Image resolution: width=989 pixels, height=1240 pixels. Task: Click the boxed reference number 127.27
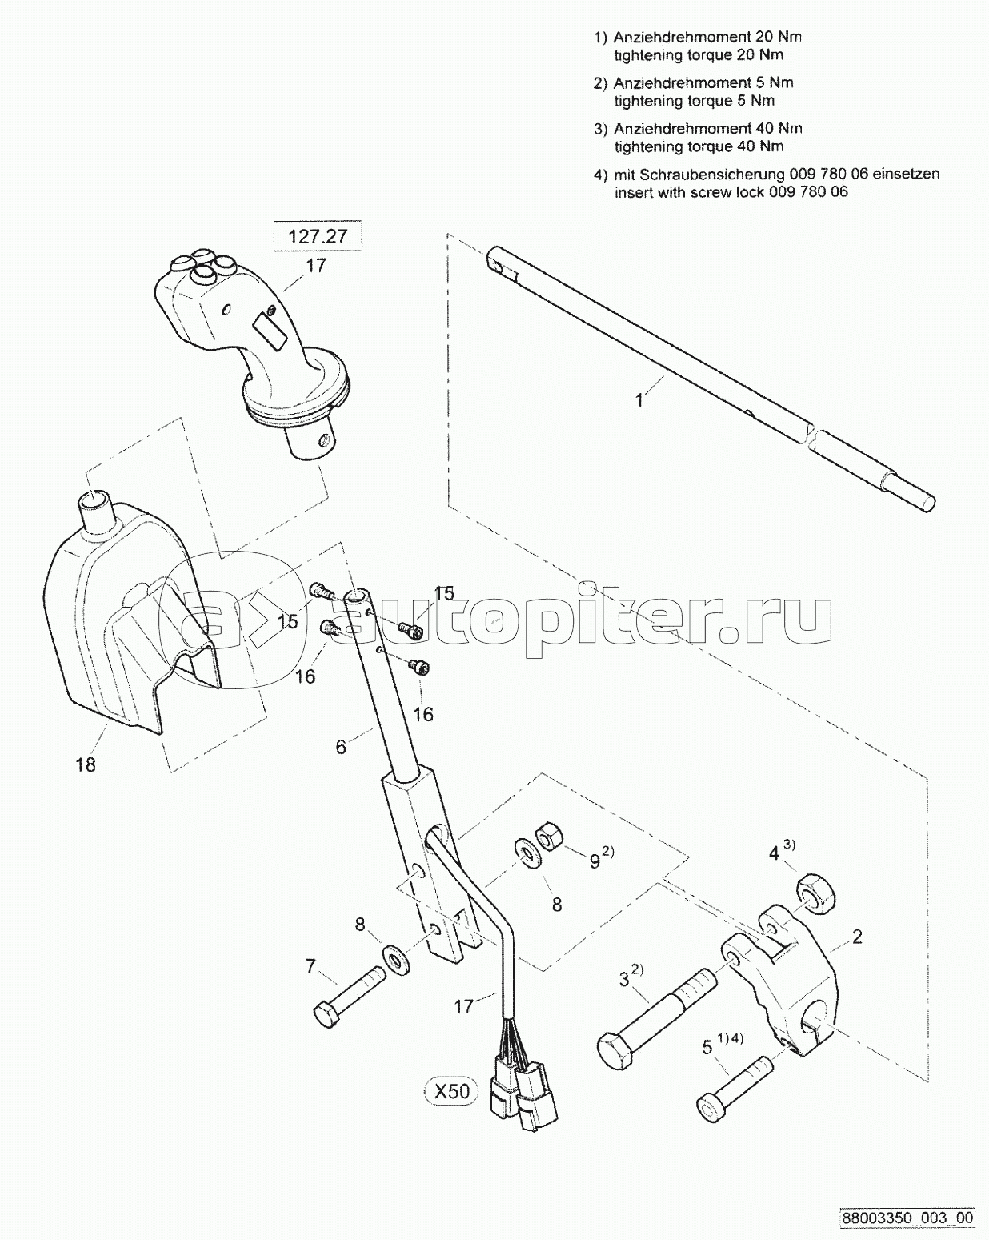coord(318,236)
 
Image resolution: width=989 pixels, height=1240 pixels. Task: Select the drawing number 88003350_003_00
coord(907,1218)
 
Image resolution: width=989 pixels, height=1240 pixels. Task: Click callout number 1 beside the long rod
coord(639,400)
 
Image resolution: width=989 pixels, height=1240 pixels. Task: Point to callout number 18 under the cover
coord(86,764)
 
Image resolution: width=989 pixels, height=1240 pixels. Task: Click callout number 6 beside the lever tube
coord(341,748)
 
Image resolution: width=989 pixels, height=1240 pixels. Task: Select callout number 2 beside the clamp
coord(857,937)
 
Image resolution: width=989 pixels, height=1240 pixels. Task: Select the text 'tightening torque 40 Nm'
coord(699,146)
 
